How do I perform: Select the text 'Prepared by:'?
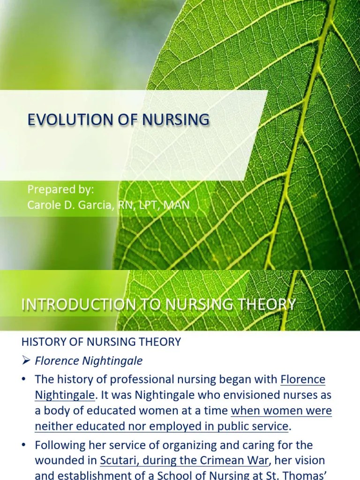[x=60, y=190]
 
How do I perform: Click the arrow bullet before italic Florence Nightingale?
[x=26, y=361]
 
